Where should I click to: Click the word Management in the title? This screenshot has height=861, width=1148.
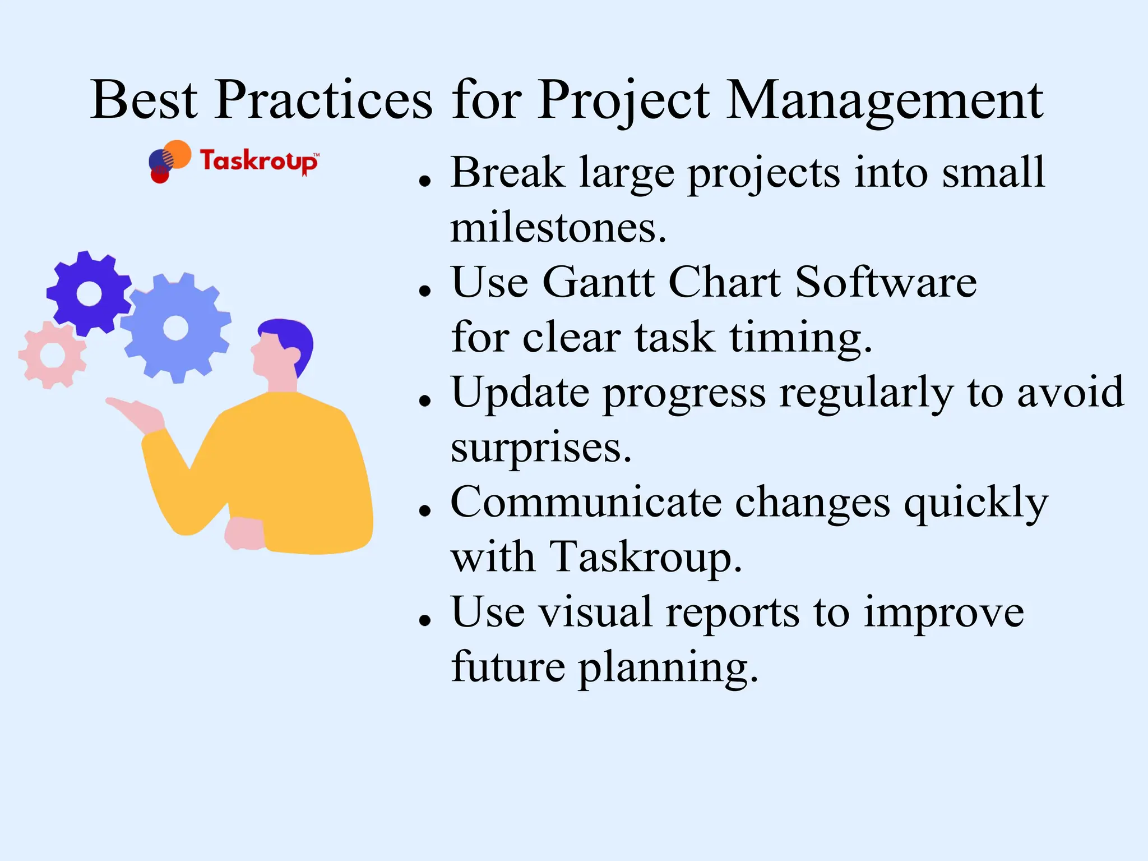click(x=885, y=101)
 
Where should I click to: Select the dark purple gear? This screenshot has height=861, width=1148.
click(x=89, y=293)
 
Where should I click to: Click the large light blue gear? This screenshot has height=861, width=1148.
click(x=176, y=328)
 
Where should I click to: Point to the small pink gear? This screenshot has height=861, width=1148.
click(x=53, y=355)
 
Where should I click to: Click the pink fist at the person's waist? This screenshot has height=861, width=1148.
click(x=244, y=533)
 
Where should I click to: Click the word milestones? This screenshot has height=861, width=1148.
click(x=558, y=228)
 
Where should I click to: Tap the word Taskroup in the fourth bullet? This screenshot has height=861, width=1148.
click(x=645, y=558)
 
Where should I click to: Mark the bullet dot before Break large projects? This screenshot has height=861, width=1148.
click(x=425, y=181)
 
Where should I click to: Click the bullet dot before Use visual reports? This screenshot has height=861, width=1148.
click(x=425, y=620)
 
